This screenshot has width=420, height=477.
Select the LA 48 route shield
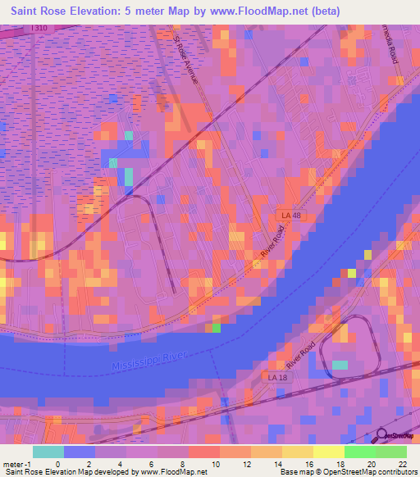pyautogui.click(x=285, y=215)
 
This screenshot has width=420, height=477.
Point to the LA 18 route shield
pyautogui.click(x=280, y=376)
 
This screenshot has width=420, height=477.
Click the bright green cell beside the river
pyautogui.click(x=217, y=328)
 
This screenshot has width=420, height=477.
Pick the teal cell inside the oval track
pyautogui.click(x=340, y=365)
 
